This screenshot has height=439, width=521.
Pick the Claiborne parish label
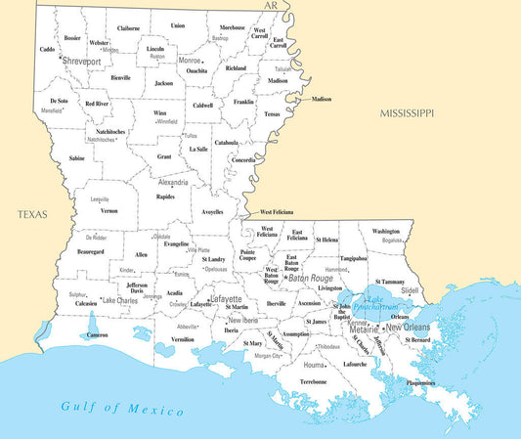(x=128, y=29)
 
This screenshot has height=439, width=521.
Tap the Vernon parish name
(x=109, y=210)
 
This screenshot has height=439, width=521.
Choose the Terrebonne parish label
(x=313, y=381)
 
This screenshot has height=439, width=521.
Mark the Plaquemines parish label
(x=420, y=383)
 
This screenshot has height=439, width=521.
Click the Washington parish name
(x=392, y=231)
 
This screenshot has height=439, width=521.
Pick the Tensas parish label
(x=272, y=113)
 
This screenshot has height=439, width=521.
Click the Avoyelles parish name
(x=212, y=211)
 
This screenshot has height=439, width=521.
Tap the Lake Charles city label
(x=119, y=300)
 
